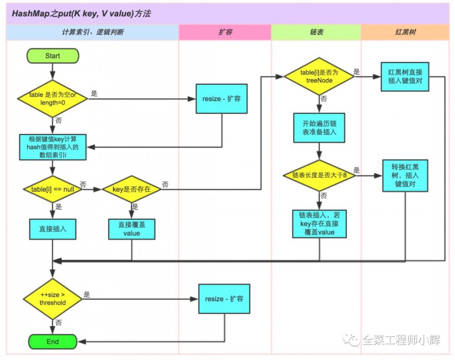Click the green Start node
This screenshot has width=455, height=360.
coord(52,56)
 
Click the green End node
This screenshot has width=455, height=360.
coord(52,341)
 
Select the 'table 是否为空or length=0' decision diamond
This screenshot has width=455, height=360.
coord(52,98)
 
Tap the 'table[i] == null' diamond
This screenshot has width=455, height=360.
coord(52,188)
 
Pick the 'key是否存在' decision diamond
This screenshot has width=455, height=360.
coord(131,188)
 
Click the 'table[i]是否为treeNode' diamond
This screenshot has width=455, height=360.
coord(319,76)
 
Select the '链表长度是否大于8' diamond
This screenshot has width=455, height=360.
coord(319,175)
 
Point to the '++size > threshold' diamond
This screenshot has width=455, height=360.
coord(52,299)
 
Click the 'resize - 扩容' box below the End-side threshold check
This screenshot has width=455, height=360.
coord(224,299)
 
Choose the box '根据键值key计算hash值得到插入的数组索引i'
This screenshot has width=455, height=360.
coord(52,147)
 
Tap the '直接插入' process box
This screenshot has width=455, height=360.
coord(52,229)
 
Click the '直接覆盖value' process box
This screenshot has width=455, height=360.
coord(131,229)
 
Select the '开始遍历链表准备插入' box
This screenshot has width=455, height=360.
coord(319,128)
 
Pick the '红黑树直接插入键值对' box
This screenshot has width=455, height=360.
coord(404,76)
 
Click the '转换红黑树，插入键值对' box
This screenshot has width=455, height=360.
coord(404,175)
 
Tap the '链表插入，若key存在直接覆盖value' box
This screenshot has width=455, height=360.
coord(319,224)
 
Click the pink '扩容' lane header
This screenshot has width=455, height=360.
coord(225,32)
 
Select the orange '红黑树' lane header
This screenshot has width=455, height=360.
coord(404,32)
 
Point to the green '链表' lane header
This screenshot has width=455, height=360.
coord(316,32)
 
